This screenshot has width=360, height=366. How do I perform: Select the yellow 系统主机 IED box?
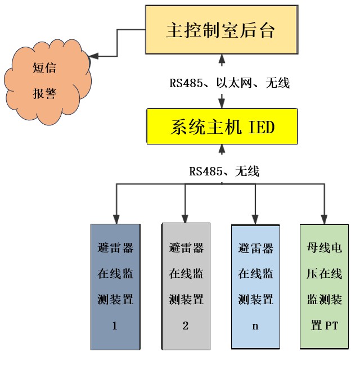tap(222, 127)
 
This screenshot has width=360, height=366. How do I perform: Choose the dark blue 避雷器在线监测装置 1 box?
tap(115, 287)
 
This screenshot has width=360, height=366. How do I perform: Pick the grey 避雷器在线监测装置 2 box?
tap(186, 287)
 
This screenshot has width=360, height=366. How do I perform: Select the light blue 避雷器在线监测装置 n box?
tap(255, 287)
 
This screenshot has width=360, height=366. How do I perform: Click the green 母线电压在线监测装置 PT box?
tap(324, 287)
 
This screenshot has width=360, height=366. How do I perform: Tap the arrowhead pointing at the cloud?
tap(94, 56)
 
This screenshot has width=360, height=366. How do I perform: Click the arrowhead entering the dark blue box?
tap(115, 219)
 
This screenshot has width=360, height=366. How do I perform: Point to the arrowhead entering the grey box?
tap(186, 218)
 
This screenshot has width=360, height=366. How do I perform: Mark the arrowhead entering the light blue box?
tap(255, 219)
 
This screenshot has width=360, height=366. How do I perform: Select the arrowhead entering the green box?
tap(324, 218)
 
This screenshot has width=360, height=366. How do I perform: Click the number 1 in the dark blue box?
tap(115, 326)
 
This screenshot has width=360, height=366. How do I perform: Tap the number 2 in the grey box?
tap(186, 326)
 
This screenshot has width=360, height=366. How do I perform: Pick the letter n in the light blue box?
tap(255, 326)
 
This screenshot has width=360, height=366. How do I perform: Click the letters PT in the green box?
tap(331, 326)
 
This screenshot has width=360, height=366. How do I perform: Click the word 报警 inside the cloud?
tap(45, 93)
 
